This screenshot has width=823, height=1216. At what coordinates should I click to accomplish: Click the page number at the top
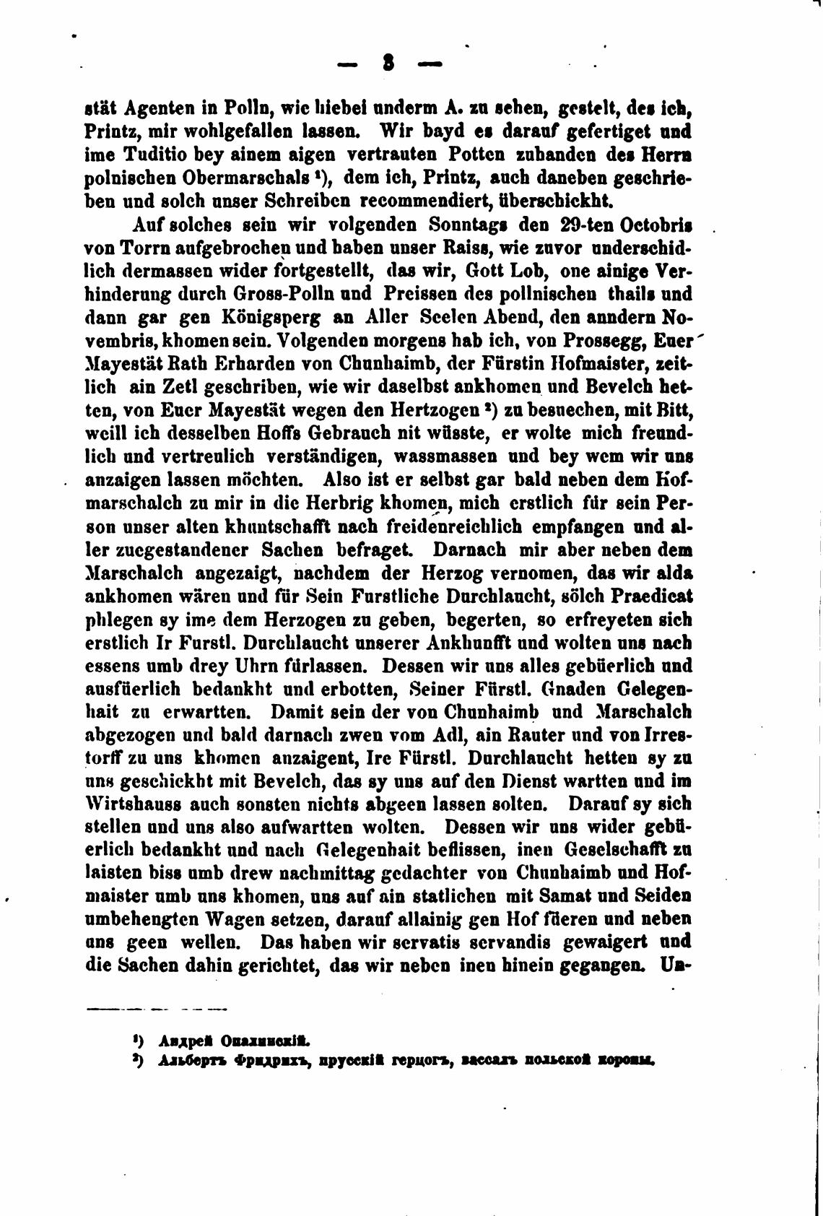coord(389,65)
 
